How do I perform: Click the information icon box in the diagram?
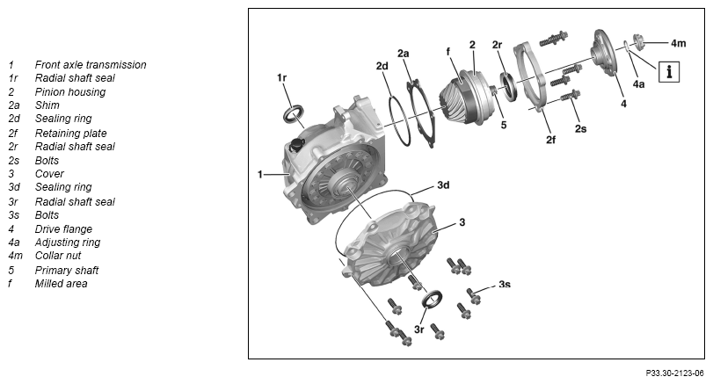point(669,72)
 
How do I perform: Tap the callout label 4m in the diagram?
point(678,43)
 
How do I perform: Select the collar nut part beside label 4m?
point(639,43)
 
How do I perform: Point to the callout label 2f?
point(550,140)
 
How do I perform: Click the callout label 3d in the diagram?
point(443,185)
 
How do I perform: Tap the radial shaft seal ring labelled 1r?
point(293,113)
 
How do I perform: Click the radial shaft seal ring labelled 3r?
point(433,298)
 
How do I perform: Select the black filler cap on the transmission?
point(296,146)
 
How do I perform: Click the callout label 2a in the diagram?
point(404,54)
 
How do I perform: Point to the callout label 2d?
point(382,66)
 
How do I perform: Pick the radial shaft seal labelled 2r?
point(508,86)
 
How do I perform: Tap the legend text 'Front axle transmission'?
point(91,65)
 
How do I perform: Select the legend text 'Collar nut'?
point(58,256)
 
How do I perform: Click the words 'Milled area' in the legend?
point(61,284)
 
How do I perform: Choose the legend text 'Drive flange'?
point(63,229)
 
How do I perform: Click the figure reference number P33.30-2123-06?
point(675,373)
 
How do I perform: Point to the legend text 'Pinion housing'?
point(70,92)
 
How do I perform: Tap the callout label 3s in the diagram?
point(505,285)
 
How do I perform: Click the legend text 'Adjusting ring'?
point(68,243)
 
